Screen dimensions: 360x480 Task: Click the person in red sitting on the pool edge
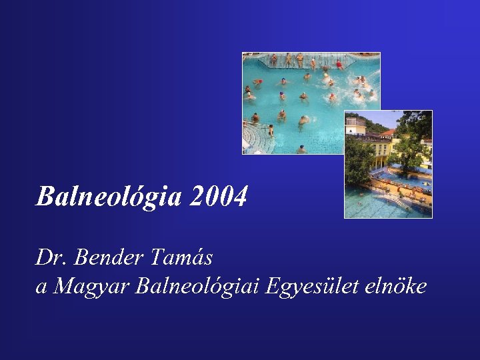click(339, 65)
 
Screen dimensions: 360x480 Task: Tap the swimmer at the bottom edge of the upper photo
click(301, 149)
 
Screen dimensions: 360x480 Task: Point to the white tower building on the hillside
click(355, 124)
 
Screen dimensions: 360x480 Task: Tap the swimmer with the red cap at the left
click(257, 82)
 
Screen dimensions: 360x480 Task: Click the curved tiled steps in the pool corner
click(253, 139)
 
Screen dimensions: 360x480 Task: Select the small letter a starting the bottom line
click(41, 287)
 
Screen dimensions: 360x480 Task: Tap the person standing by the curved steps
click(271, 129)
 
